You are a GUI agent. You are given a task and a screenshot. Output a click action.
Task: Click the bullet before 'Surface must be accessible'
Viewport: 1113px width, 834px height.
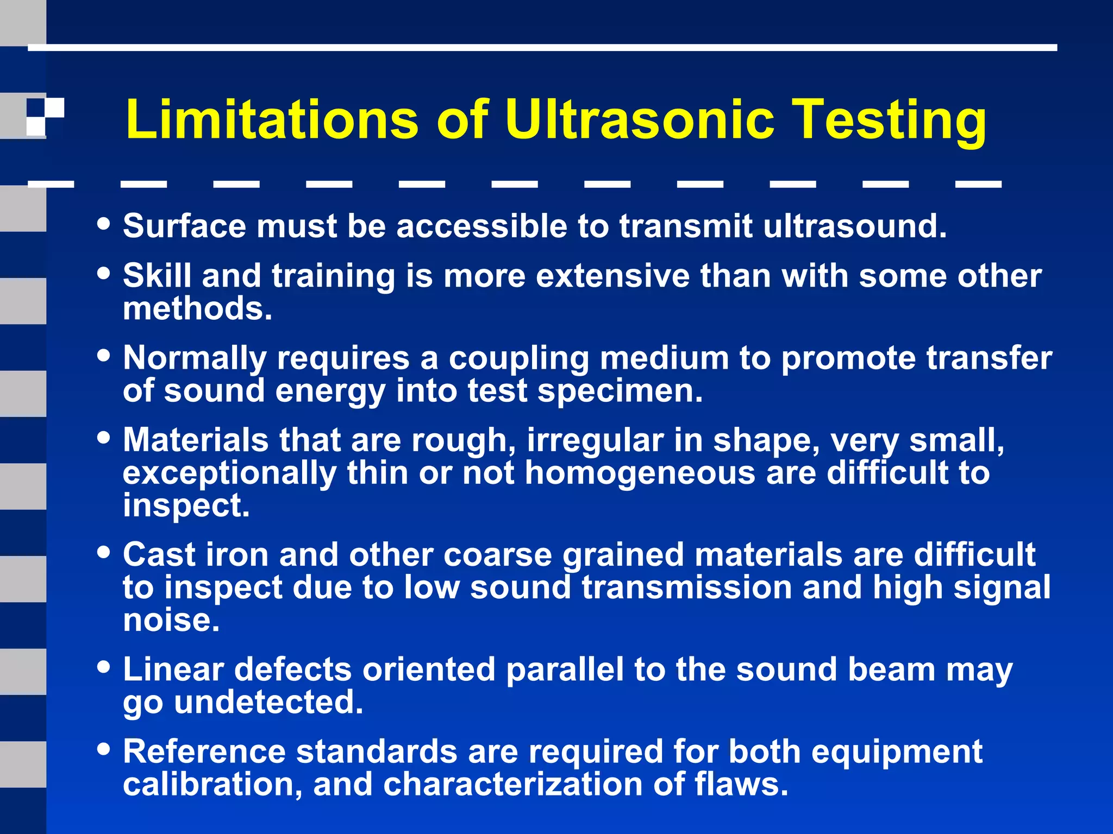pyautogui.click(x=103, y=224)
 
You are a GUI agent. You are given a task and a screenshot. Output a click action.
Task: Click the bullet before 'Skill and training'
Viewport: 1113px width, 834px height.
pyautogui.click(x=103, y=273)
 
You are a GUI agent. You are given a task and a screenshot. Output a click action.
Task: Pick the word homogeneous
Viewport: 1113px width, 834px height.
pyautogui.click(x=640, y=473)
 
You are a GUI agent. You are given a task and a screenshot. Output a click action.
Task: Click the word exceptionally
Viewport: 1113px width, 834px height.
pyautogui.click(x=229, y=473)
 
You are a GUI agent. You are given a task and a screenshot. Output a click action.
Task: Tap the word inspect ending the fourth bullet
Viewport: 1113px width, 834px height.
pyautogui.click(x=186, y=506)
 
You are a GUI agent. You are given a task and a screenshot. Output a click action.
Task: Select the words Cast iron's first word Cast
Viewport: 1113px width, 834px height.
pyautogui.click(x=158, y=555)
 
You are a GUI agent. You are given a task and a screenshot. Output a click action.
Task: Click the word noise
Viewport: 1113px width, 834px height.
pyautogui.click(x=171, y=620)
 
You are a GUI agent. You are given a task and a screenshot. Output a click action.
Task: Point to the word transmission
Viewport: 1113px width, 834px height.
pyautogui.click(x=686, y=587)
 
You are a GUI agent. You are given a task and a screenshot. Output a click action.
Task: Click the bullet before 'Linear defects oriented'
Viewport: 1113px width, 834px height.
pyautogui.click(x=103, y=667)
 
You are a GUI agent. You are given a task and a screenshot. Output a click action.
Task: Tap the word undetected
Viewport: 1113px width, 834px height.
pyautogui.click(x=268, y=702)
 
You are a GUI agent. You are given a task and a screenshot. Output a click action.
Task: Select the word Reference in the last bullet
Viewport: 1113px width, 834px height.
pyautogui.click(x=204, y=751)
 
